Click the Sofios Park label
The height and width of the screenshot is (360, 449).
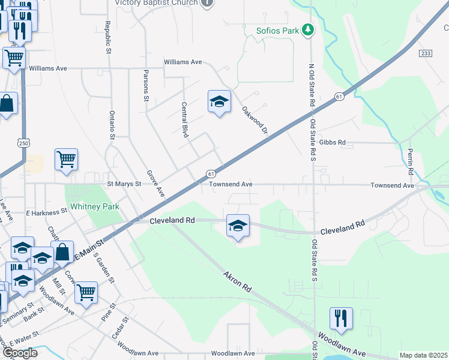click(x=277, y=30)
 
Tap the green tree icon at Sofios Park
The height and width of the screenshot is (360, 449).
click(x=308, y=29)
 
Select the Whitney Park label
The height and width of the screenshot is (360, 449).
click(x=95, y=206)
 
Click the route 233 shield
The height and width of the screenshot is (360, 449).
click(x=426, y=53)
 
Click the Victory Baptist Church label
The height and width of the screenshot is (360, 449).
click(x=156, y=3)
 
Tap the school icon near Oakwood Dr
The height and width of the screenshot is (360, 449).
click(x=219, y=102)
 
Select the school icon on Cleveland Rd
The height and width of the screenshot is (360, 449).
click(x=238, y=226)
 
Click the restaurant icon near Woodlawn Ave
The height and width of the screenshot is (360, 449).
click(x=341, y=319)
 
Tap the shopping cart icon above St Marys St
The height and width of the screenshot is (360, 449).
click(x=66, y=160)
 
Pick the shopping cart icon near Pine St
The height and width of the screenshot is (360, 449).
click(x=86, y=293)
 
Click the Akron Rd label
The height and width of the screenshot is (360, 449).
click(x=237, y=281)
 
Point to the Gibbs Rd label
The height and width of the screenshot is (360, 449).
click(x=333, y=143)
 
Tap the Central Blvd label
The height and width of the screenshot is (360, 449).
click(x=185, y=119)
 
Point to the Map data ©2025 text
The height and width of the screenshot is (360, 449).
click(x=423, y=356)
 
